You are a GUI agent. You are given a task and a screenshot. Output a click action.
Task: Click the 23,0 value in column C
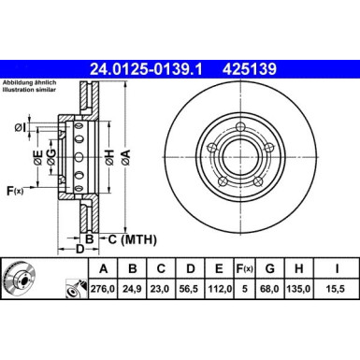click(163, 291)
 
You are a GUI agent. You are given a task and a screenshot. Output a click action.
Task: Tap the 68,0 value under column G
click(276, 291)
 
